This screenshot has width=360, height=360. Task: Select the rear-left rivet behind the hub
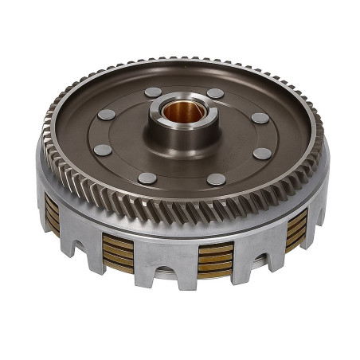153,92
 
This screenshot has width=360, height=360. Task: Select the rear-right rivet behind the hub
215,93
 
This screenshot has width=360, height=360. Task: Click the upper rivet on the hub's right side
260,118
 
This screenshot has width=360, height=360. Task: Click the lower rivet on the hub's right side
262,153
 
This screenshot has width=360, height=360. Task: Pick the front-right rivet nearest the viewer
216,179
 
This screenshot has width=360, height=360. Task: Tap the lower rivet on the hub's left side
103,150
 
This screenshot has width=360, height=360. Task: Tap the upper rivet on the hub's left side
106,115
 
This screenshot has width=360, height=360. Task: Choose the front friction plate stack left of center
118,252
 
